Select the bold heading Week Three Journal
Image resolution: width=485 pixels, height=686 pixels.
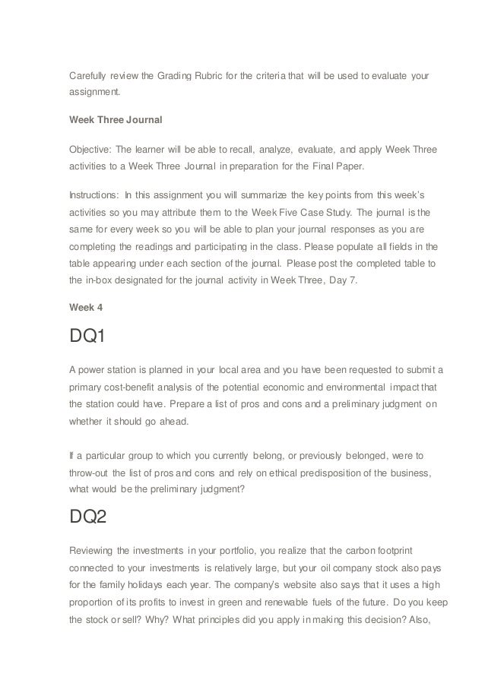pos(111,119)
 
